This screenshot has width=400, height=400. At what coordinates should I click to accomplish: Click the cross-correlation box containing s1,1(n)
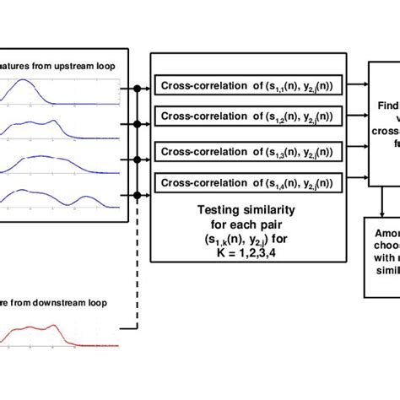tap(247, 85)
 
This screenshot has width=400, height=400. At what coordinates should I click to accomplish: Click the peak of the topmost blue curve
tap(32, 83)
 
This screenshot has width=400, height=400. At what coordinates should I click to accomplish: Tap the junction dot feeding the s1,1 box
tap(137, 86)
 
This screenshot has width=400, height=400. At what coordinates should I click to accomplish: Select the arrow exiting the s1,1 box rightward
tap(354, 85)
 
